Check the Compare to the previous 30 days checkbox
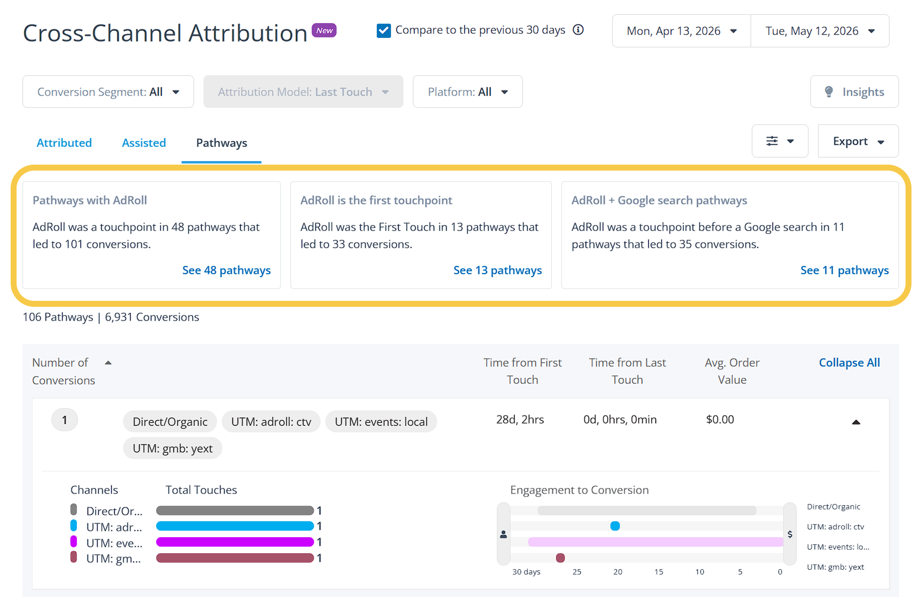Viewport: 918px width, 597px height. pos(384,30)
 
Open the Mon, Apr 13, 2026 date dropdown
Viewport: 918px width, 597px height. pos(681,31)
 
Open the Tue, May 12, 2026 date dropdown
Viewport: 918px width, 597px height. pos(820,31)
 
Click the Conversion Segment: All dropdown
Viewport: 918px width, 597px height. pos(108,91)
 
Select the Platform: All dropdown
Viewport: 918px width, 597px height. pos(468,91)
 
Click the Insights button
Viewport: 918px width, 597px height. pos(855,91)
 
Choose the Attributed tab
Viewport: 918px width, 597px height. pos(64,143)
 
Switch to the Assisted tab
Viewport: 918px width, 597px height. pos(144,143)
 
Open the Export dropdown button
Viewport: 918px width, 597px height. pos(858,141)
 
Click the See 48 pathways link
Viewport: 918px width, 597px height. pos(226,270)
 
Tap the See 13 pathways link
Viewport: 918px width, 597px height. pos(497,270)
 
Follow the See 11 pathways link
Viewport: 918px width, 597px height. pos(845,270)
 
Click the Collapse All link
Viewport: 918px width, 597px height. pos(849,362)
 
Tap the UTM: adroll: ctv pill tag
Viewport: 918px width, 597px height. pos(271,421)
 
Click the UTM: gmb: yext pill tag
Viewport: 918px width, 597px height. pos(173,448)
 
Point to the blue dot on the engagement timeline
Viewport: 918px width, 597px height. pos(615,526)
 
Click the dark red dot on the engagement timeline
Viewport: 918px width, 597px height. pos(560,557)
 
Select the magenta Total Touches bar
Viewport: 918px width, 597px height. pos(235,542)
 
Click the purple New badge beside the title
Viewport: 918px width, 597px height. pos(324,30)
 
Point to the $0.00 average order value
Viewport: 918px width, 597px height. pos(720,419)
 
